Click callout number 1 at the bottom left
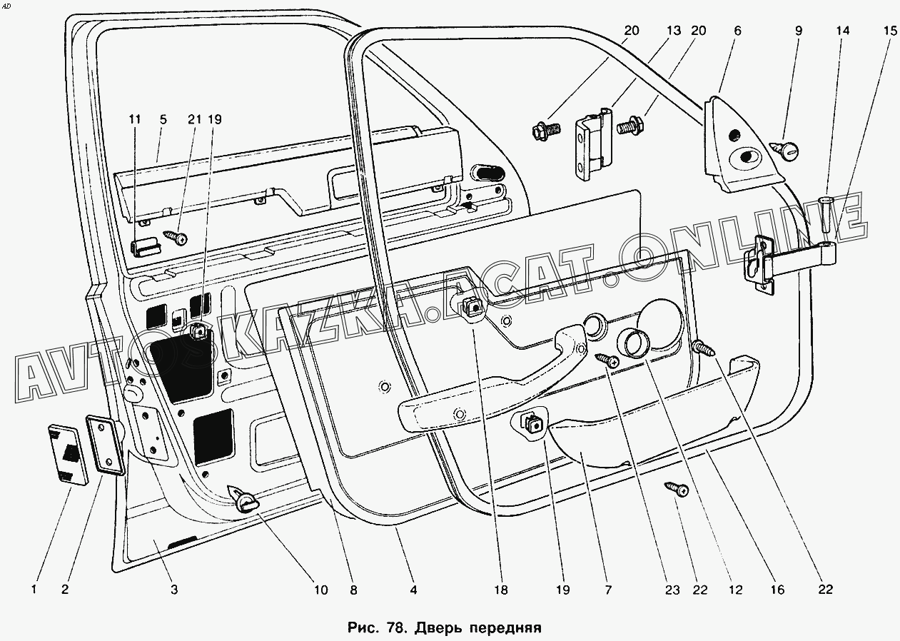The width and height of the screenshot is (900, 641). [34, 590]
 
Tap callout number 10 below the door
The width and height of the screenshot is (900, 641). [320, 590]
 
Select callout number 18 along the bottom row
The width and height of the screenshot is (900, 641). [501, 590]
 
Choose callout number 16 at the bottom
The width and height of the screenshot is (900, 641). [777, 590]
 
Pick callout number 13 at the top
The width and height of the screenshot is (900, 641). [674, 31]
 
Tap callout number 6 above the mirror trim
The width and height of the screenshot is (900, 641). [737, 31]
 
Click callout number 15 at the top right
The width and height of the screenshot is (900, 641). [889, 31]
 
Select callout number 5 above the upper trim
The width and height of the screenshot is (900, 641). [163, 120]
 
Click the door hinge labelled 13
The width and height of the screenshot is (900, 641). [593, 144]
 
